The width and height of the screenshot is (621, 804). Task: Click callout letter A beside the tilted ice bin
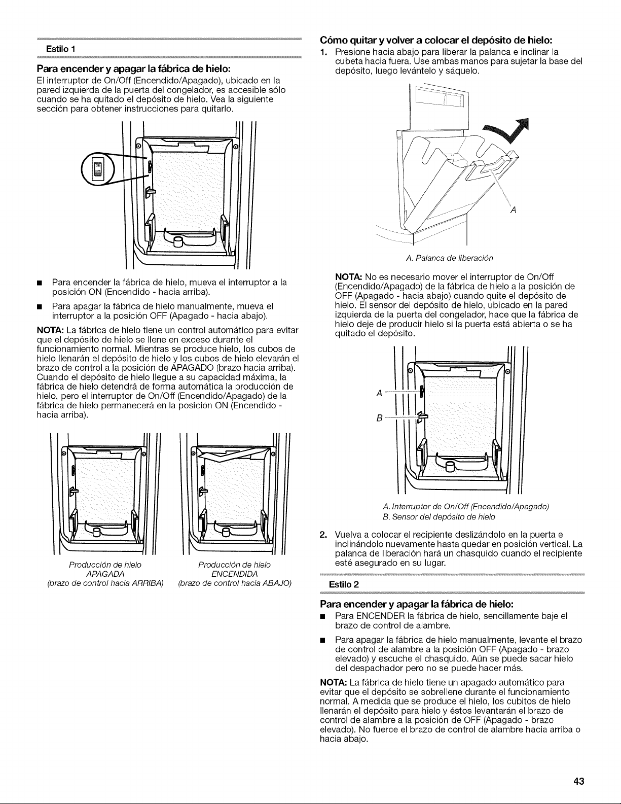click(x=513, y=210)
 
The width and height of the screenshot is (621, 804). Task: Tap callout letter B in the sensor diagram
click(x=379, y=418)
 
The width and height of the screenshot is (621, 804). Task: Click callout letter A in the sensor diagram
click(x=379, y=393)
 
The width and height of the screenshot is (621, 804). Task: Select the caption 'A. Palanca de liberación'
click(x=449, y=258)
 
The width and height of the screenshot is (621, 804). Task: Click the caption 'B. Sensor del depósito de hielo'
click(x=439, y=516)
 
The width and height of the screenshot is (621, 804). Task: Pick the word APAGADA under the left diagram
click(x=105, y=574)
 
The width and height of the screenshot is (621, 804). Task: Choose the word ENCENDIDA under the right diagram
click(x=234, y=574)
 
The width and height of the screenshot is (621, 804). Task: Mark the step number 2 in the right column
click(x=323, y=535)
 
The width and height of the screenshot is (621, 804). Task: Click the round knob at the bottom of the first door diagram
click(x=178, y=242)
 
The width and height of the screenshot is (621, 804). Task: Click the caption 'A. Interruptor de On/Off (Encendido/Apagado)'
click(x=466, y=506)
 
